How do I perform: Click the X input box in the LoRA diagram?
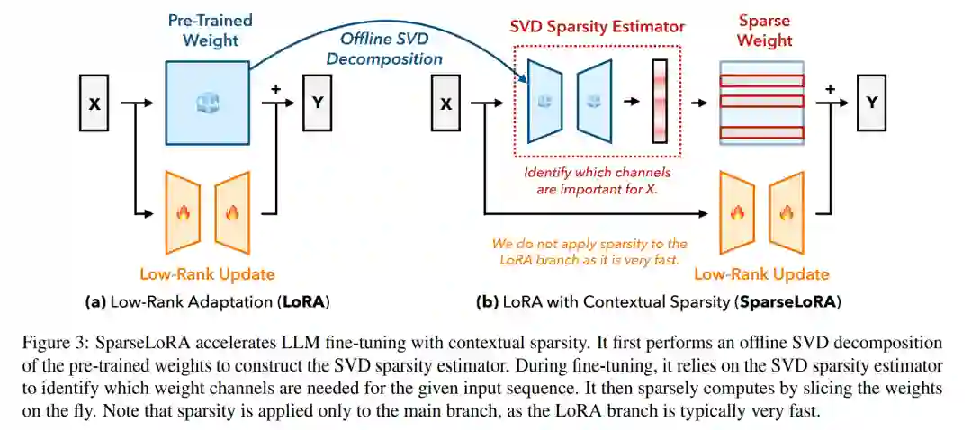(94, 104)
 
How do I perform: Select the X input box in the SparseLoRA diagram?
(445, 104)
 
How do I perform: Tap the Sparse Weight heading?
(765, 30)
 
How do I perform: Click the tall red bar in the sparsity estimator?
(661, 102)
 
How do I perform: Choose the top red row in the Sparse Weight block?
(761, 79)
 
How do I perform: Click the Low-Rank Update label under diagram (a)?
(207, 273)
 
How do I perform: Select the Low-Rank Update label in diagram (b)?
(761, 273)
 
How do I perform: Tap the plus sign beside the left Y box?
(276, 87)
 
